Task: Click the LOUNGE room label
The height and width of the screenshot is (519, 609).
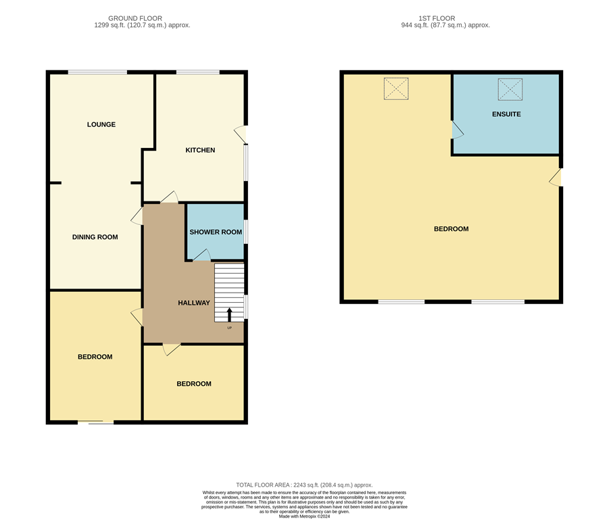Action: click(x=101, y=124)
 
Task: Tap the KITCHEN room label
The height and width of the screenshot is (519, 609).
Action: click(x=200, y=150)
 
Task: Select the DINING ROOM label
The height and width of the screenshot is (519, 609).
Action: click(x=95, y=237)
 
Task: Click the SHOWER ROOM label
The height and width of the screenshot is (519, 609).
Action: click(x=215, y=232)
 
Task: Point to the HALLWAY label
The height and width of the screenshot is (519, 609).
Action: click(x=194, y=303)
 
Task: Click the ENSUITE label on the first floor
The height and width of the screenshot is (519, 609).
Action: click(x=506, y=114)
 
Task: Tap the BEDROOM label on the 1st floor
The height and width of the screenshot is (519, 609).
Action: click(x=451, y=229)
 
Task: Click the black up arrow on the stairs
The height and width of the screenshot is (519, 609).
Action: click(x=229, y=314)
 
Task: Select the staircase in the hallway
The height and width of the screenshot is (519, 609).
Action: click(x=228, y=293)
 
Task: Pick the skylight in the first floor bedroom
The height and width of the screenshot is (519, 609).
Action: click(x=396, y=89)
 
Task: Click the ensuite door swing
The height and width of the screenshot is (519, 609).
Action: click(x=457, y=130)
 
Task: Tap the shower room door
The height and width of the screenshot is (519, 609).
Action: click(x=201, y=255)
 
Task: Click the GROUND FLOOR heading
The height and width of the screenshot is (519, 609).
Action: click(x=142, y=18)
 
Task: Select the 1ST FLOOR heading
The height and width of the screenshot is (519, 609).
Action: click(x=445, y=18)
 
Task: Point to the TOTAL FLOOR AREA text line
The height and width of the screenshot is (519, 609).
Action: click(x=304, y=485)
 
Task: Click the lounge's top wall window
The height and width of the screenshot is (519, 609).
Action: click(x=97, y=72)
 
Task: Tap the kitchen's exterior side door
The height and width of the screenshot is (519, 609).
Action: click(x=241, y=134)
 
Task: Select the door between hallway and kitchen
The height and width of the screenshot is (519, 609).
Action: click(x=169, y=197)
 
